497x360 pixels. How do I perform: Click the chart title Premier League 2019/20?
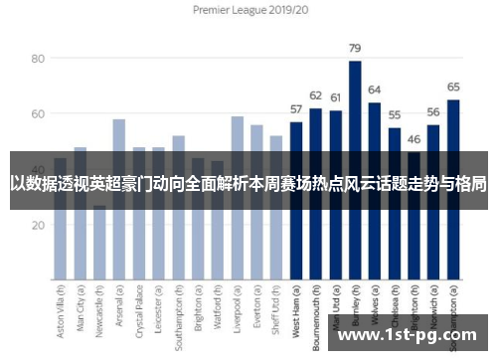(248, 11)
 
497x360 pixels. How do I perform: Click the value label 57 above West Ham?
(295, 109)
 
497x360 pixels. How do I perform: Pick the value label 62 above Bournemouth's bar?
(315, 95)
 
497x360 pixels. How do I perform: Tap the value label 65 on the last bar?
(453, 87)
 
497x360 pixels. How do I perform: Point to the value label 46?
(414, 139)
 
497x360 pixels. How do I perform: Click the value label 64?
(374, 90)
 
